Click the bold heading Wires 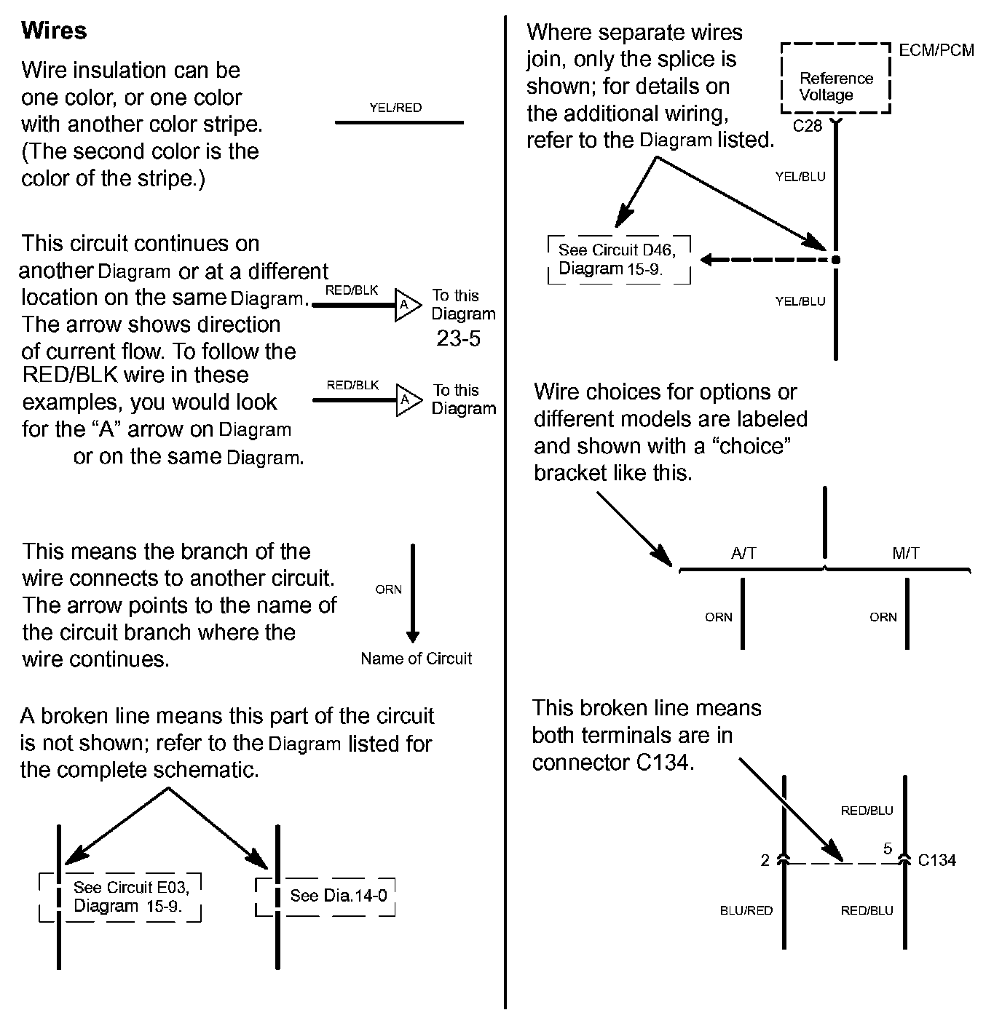point(54,31)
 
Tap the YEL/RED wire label point(395,108)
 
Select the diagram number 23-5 point(458,338)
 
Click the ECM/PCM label point(936,50)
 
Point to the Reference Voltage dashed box point(835,79)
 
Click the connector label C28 point(807,126)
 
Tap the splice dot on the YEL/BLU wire point(835,260)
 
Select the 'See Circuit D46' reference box point(618,260)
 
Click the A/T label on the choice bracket point(743,553)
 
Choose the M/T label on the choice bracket point(905,553)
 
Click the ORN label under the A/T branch point(718,617)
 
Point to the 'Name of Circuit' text point(416,659)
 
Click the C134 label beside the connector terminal point(936,860)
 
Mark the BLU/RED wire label point(746,910)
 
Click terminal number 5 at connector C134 point(887,848)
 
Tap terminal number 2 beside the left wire point(765,861)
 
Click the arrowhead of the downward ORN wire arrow point(412,636)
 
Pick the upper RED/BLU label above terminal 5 point(867,811)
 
